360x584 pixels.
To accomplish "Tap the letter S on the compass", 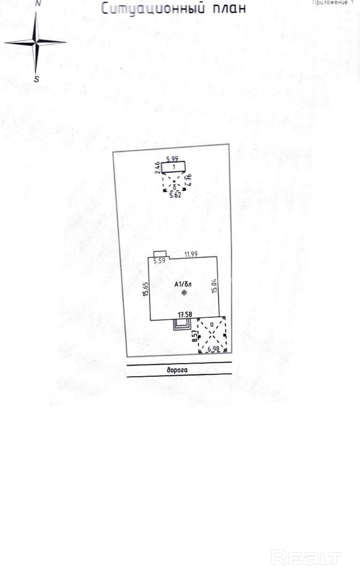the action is pos(37,79).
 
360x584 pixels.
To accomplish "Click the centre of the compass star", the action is pos(36,43).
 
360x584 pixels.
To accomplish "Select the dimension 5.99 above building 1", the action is pos(172,159).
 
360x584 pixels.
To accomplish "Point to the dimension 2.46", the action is pos(157,167).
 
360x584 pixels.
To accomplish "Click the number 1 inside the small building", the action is pos(174,167).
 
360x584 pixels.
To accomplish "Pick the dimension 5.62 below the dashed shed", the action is pos(175,195).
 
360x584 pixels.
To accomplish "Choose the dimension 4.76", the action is pos(189,179).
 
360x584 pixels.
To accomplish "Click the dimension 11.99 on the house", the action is pos(191,254).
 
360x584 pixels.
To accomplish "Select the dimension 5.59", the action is pos(159,261).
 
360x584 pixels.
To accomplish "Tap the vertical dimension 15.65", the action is pos(146,289).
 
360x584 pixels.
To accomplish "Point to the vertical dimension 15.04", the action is pos(214,285).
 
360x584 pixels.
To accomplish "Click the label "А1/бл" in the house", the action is pos(183,284).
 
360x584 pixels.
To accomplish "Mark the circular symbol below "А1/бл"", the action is pos(184,292).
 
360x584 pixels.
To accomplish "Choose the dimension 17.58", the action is pos(185,314).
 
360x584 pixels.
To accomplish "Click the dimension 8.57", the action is pos(195,336).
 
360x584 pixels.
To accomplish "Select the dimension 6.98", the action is pos(214,349).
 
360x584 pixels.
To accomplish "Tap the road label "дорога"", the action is pos(177,370).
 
